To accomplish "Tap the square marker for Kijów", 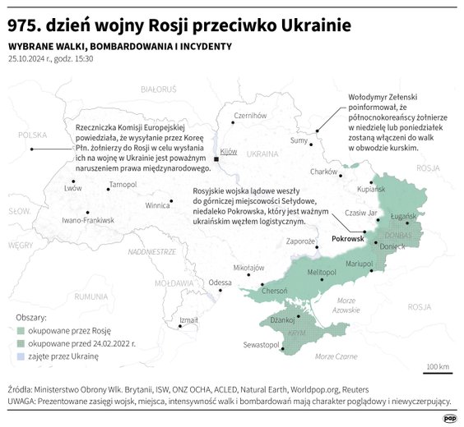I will pos(216,158).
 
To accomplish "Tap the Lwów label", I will pos(73,188).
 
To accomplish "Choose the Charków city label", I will pos(323,172).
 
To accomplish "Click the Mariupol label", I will pos(360,264).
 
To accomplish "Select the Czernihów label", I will pos(250,116).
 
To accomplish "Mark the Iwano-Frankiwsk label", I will pos(88,220).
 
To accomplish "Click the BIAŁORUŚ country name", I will pos(159,88).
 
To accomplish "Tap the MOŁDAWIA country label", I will pos(173,282).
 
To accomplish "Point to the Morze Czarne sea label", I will pos(336,356).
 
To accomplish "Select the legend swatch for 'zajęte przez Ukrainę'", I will pos(21,356).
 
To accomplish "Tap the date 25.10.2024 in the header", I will pos(29,59).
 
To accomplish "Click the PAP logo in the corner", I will pos(450,417).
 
